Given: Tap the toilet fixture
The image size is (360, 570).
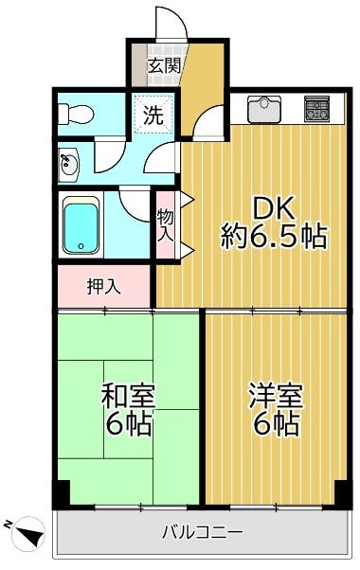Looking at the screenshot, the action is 76,115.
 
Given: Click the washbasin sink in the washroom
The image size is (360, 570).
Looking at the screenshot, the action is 68,166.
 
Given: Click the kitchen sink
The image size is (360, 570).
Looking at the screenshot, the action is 264,109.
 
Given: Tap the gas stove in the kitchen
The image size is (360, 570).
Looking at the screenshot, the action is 316,108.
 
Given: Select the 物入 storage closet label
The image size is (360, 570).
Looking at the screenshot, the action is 166,225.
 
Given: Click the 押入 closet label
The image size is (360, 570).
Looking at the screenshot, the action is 103,287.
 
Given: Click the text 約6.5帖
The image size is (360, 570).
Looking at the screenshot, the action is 274,237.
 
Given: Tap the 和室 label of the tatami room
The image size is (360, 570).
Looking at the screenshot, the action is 128,396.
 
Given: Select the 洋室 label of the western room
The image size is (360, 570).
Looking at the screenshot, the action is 276,396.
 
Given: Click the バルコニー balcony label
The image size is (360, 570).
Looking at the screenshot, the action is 202,533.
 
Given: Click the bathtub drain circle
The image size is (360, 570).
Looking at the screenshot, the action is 81,246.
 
